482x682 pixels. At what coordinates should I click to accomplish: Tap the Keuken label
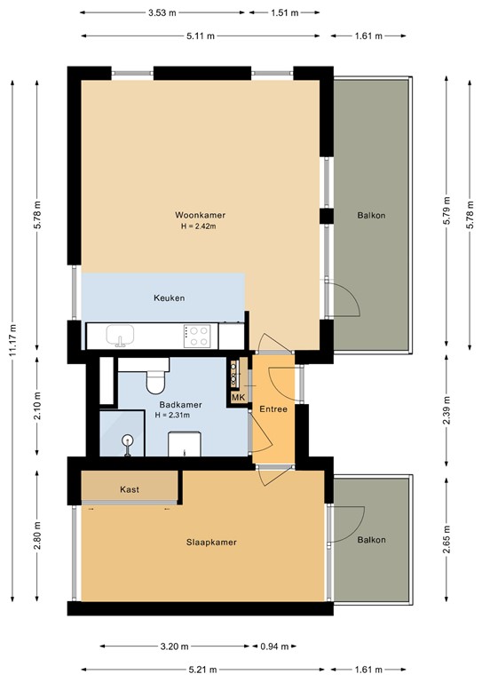(x=169, y=298)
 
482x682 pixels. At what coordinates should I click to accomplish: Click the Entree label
(x=273, y=409)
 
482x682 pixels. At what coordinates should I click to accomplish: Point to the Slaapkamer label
(x=211, y=542)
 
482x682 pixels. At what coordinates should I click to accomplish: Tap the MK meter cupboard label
(x=237, y=398)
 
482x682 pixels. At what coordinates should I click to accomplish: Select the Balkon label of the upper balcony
(x=371, y=216)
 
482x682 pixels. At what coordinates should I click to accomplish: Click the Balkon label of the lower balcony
(x=371, y=540)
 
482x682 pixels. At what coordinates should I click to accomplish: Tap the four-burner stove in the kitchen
(x=198, y=336)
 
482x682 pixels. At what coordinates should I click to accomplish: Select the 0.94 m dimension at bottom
(x=273, y=646)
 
